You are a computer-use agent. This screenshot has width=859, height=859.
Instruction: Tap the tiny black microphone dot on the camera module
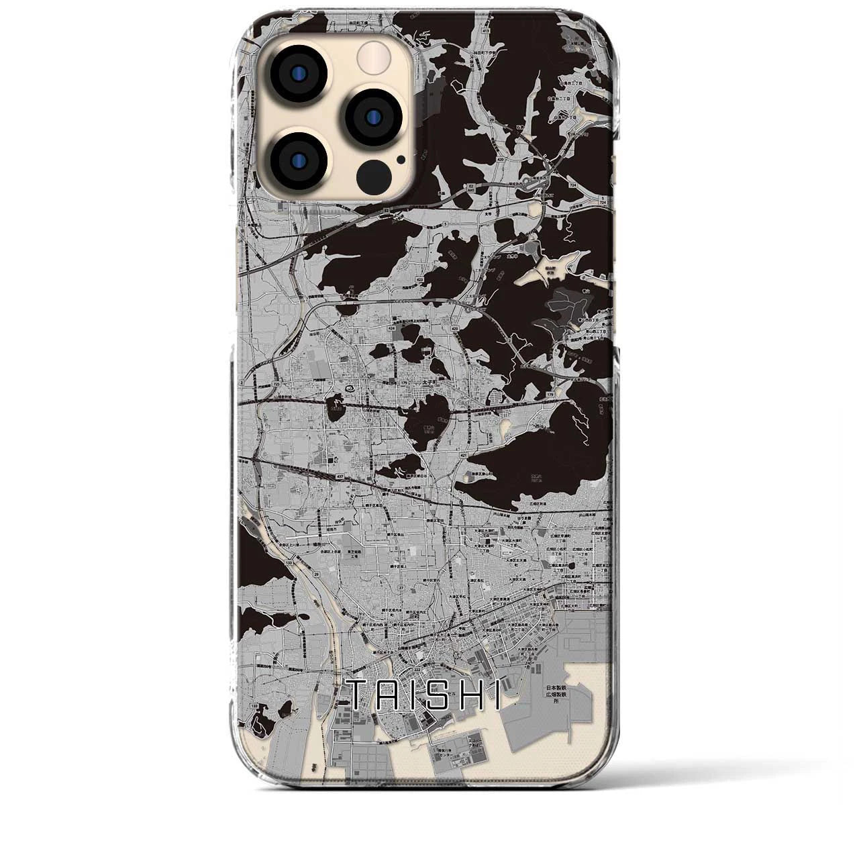pyautogui.click(x=401, y=160)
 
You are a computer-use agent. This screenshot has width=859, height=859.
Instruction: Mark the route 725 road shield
pyautogui.click(x=276, y=383)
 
